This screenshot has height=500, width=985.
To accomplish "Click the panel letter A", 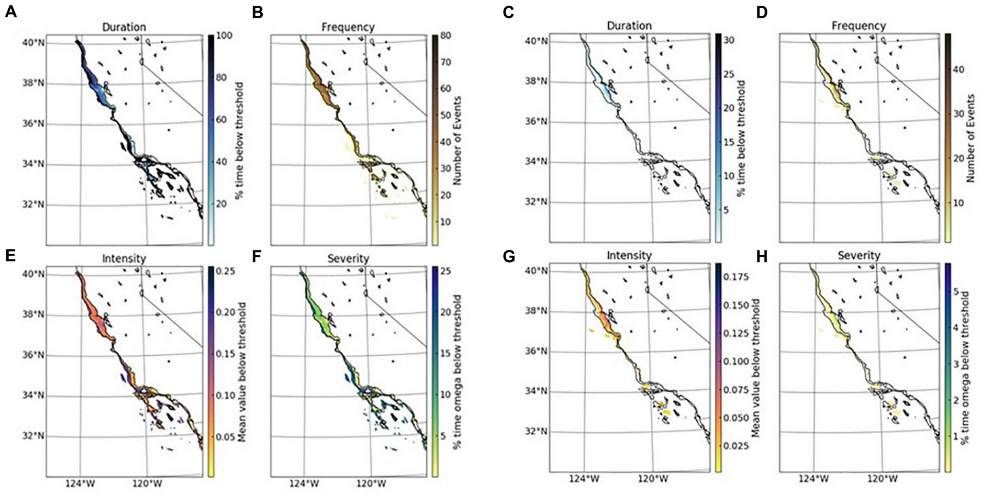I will [11, 12].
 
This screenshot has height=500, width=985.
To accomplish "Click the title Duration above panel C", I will [629, 26].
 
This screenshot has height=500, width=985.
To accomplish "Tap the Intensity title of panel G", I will [629, 256].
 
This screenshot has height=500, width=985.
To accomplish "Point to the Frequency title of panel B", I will [348, 27].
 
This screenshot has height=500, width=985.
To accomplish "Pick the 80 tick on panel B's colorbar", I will [445, 36].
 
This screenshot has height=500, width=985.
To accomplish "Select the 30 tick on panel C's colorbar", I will [729, 40].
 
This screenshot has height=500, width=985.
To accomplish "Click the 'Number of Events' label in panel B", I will [457, 141].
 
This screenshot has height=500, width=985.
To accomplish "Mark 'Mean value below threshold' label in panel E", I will [242, 372].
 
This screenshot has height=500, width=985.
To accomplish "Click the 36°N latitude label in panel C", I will [537, 122].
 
